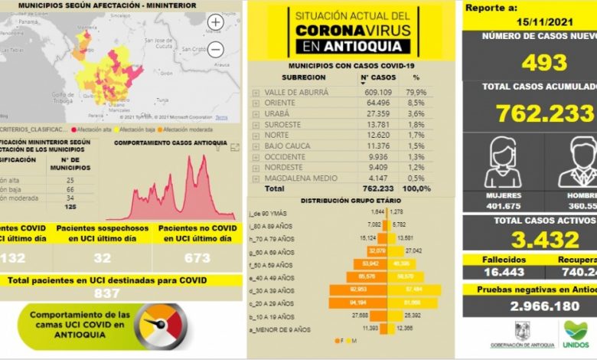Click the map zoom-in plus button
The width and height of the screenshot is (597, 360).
[216, 22]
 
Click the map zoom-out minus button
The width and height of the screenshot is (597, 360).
[216, 50]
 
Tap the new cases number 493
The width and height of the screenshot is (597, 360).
[544, 63]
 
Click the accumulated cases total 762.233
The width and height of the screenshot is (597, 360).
[544, 113]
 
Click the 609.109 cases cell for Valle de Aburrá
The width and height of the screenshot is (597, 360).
[378, 92]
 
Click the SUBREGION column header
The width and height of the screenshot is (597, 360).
[303, 77]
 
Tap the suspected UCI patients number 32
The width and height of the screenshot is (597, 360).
[101, 258]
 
